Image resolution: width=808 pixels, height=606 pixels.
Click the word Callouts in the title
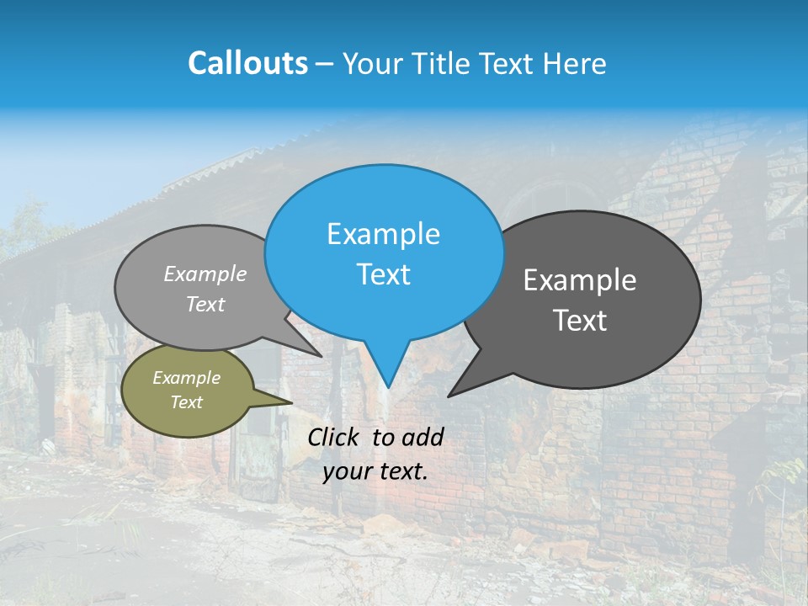point(248,63)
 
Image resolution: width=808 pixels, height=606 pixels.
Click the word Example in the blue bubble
point(383,234)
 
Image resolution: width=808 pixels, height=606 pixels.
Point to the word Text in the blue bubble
point(383,274)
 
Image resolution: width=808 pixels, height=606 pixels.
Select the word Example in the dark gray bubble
point(580,280)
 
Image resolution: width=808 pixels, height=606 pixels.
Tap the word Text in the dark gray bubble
point(580,321)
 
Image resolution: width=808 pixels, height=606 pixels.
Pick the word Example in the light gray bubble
point(205,274)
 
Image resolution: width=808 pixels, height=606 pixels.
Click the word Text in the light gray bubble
point(205,304)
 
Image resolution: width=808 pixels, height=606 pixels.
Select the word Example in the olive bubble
point(187,378)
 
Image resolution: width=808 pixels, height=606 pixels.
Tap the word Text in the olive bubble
point(187,402)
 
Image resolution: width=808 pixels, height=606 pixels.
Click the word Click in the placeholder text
point(335,437)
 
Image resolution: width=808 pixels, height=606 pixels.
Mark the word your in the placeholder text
point(347,471)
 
